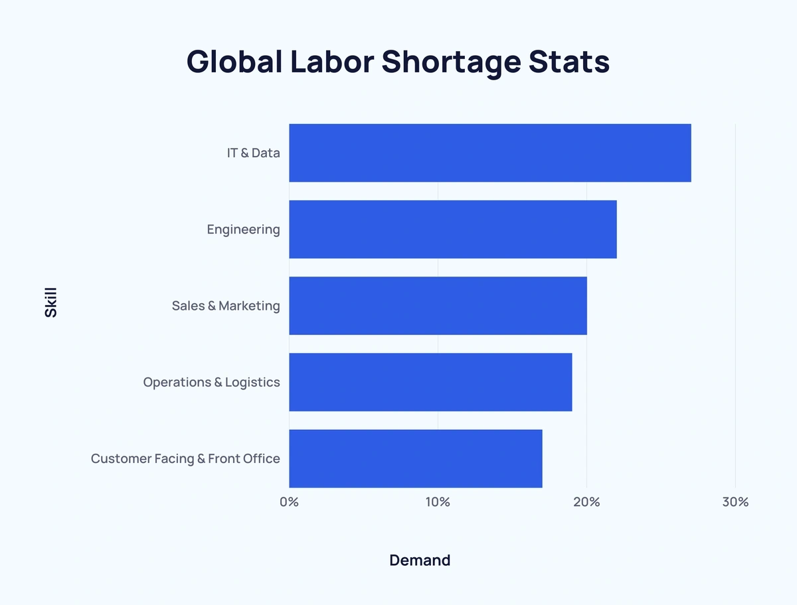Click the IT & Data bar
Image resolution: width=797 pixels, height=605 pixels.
click(x=489, y=153)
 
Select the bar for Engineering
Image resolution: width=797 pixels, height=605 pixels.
click(x=452, y=230)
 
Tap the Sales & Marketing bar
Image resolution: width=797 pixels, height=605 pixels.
click(x=438, y=306)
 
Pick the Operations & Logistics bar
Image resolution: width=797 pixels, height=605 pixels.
click(x=430, y=382)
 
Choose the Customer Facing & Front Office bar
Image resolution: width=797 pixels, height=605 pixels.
click(x=415, y=458)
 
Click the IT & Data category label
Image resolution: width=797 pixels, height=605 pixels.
click(x=253, y=153)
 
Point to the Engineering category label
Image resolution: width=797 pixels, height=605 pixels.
click(x=243, y=230)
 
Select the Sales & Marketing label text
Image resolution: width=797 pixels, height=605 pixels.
click(x=226, y=306)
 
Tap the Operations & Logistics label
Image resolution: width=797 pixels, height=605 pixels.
click(x=211, y=383)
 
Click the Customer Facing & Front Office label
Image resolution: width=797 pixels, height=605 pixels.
click(x=185, y=459)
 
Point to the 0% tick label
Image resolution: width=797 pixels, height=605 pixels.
click(x=289, y=502)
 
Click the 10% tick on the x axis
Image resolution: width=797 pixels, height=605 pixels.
click(x=438, y=502)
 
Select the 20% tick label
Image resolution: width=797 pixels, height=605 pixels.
click(x=586, y=502)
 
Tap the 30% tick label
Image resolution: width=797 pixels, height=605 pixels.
click(x=735, y=502)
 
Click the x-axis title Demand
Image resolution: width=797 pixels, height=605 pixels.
click(x=420, y=561)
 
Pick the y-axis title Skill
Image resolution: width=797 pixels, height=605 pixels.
click(x=51, y=302)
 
